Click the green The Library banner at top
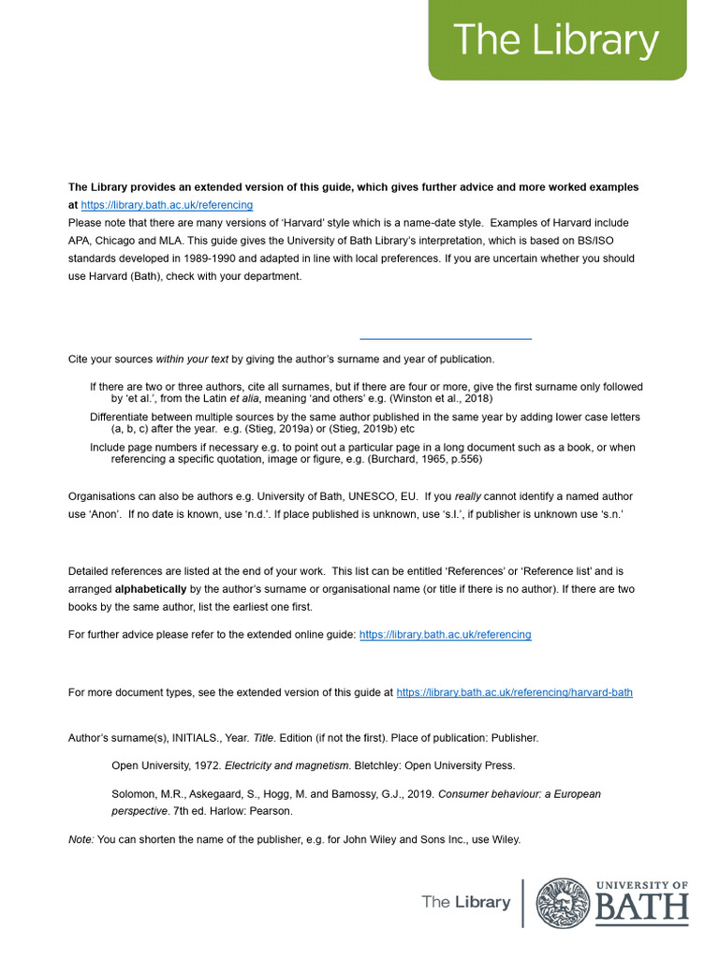(557, 41)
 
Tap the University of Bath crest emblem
(563, 904)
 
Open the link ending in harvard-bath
(514, 693)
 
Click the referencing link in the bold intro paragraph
(167, 205)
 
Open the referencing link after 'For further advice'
(445, 635)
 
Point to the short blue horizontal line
(446, 338)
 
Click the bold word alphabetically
(151, 589)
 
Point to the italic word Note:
(81, 840)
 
